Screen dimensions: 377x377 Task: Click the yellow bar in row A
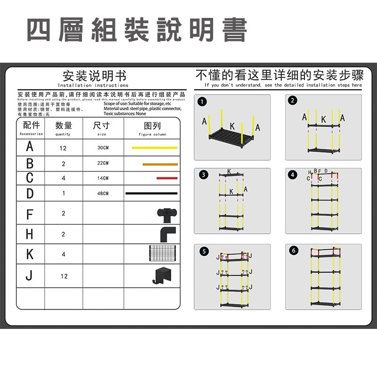pyautogui.click(x=154, y=148)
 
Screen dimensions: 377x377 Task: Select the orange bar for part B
pyautogui.click(x=160, y=164)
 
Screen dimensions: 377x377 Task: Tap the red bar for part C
pyautogui.click(x=167, y=178)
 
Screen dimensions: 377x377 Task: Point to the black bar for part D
pyautogui.click(x=151, y=193)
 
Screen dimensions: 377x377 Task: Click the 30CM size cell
pyautogui.click(x=103, y=148)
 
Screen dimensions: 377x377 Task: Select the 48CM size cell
pyautogui.click(x=103, y=194)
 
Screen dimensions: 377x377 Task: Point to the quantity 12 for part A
pyautogui.click(x=63, y=148)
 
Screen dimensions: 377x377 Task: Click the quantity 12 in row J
pyautogui.click(x=64, y=276)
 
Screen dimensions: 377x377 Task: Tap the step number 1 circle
pyautogui.click(x=202, y=101)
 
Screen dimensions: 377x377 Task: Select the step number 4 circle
pyautogui.click(x=294, y=174)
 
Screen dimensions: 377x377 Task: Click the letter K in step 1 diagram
pyautogui.click(x=232, y=126)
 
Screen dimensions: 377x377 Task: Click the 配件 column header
pyautogui.click(x=31, y=126)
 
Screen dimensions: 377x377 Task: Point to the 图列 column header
pyautogui.click(x=152, y=126)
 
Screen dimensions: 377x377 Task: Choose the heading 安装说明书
pyautogui.click(x=94, y=76)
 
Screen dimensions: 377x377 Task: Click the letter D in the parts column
pyautogui.click(x=30, y=193)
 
